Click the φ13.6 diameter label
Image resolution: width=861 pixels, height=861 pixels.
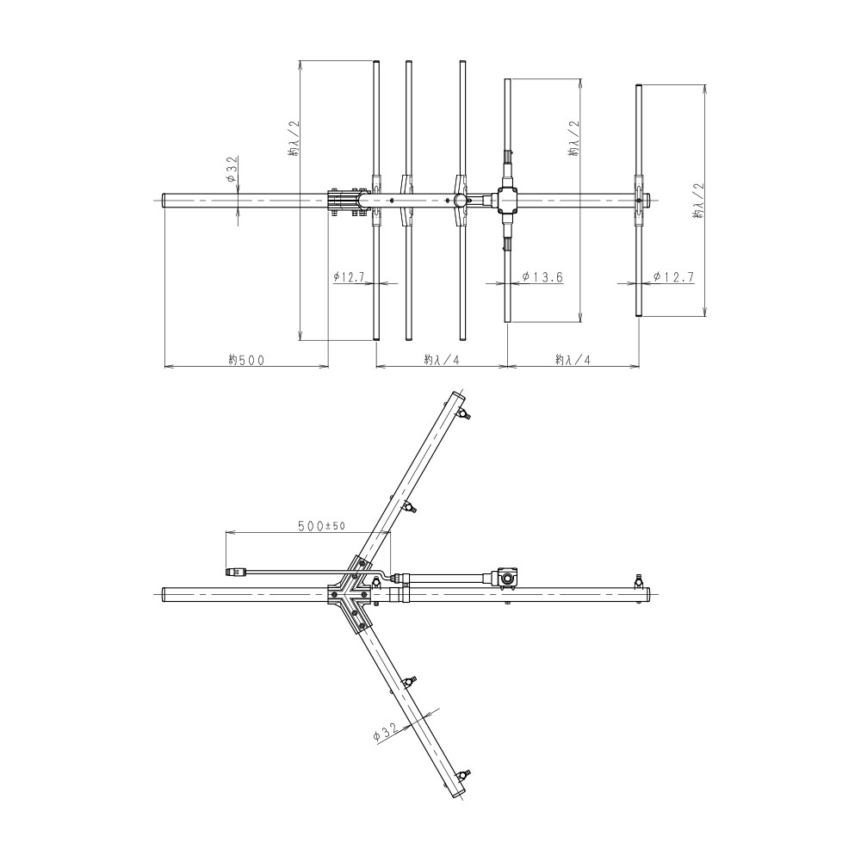pyautogui.click(x=542, y=276)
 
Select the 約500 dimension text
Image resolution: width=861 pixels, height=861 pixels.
pyautogui.click(x=246, y=360)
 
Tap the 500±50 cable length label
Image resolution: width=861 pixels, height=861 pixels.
pyautogui.click(x=321, y=525)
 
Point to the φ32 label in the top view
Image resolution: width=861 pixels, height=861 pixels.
pyautogui.click(x=232, y=169)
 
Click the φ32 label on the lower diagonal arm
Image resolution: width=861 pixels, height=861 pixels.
pyautogui.click(x=385, y=733)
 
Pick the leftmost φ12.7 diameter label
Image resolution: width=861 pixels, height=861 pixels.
pyautogui.click(x=350, y=276)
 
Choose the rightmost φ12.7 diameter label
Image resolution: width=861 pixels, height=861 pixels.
pyautogui.click(x=674, y=276)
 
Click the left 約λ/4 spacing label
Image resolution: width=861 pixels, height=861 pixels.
pyautogui.click(x=441, y=360)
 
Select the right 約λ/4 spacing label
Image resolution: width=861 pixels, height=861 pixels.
pyautogui.click(x=573, y=360)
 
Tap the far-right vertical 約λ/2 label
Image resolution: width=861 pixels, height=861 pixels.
pyautogui.click(x=698, y=201)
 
